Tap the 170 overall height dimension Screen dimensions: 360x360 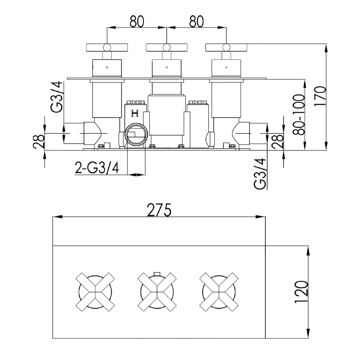[x=320, y=97]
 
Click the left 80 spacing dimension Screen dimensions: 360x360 [x=137, y=21]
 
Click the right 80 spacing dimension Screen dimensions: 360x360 [x=196, y=21]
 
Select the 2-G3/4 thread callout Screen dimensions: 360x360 [x=97, y=168]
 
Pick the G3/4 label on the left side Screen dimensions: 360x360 [x=58, y=97]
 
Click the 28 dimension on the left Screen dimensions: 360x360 [x=39, y=141]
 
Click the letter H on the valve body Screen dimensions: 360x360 [x=135, y=114]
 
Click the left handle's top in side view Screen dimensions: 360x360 [x=107, y=47]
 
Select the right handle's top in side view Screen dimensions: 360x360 [x=226, y=47]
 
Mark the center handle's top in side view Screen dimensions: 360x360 [x=166, y=47]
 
